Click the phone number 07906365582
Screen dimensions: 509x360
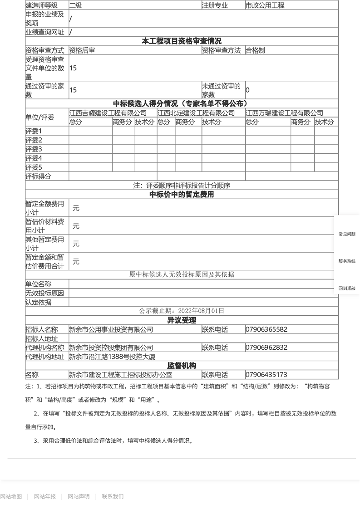(x=266, y=329)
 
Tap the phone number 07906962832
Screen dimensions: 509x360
(x=266, y=347)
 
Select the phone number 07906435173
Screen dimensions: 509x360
(x=266, y=375)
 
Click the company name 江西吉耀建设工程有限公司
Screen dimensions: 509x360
(x=108, y=113)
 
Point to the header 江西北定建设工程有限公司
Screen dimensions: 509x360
(x=196, y=113)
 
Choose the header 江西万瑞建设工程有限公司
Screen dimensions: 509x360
(x=285, y=113)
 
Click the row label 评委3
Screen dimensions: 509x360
(x=34, y=149)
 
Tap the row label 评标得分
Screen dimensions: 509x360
(x=39, y=176)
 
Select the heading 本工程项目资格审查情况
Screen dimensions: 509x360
(x=182, y=41)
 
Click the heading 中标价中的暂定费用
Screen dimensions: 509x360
(x=182, y=195)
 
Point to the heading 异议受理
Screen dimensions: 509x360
(x=182, y=320)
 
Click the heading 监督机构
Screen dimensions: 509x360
(x=182, y=366)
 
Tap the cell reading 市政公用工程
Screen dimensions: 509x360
(x=265, y=5)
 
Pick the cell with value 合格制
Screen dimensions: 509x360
(x=255, y=50)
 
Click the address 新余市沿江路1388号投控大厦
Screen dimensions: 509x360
(x=112, y=357)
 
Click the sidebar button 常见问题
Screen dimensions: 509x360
(x=347, y=234)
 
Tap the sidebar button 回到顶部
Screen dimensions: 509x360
(x=347, y=289)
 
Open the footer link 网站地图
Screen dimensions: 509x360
(x=11, y=496)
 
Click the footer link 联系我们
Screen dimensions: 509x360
(x=113, y=496)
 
